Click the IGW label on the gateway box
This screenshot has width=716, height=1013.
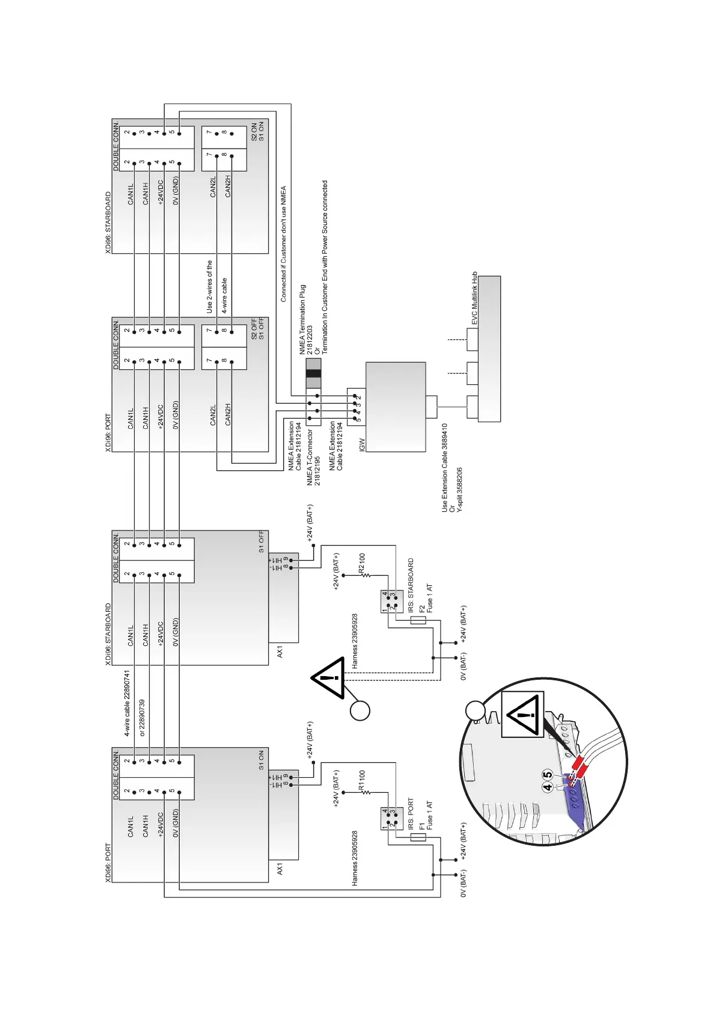point(362,445)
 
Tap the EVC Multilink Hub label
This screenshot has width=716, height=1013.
point(474,298)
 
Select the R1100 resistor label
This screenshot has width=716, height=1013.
point(362,780)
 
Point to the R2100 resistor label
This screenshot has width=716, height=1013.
point(362,563)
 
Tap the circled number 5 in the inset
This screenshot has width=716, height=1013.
point(548,775)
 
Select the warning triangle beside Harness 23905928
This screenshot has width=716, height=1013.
point(328,678)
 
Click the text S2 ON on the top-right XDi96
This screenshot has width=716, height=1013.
point(254,132)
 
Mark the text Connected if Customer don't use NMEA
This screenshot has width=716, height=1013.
point(284,244)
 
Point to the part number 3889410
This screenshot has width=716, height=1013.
point(445,437)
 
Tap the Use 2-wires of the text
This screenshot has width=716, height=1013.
point(209,286)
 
